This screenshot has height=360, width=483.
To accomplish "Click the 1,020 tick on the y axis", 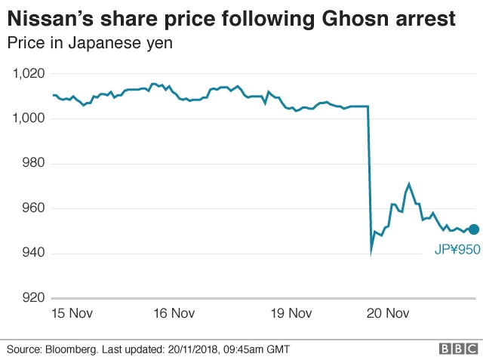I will point(29,74).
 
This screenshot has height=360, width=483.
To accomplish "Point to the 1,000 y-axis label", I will point(29,118).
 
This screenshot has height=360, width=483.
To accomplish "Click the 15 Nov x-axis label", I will point(72,313).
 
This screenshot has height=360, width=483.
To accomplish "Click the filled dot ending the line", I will point(473,229).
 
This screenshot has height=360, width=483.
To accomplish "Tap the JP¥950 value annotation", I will point(457,250).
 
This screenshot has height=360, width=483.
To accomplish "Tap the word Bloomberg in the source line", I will point(76,349).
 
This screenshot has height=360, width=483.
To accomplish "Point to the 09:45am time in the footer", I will point(237,349).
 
